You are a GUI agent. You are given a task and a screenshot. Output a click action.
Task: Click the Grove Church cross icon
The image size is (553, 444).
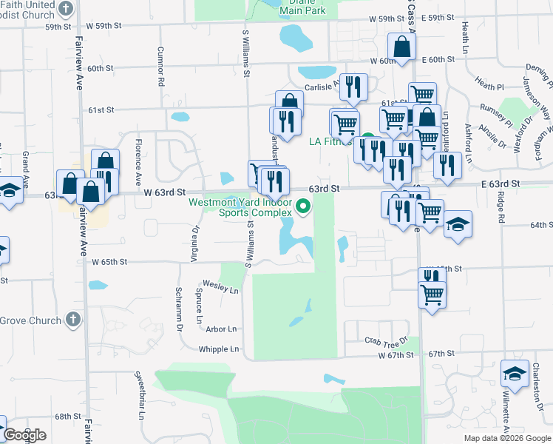(x=72, y=319)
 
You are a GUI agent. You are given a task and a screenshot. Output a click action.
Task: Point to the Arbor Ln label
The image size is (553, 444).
(x=222, y=329)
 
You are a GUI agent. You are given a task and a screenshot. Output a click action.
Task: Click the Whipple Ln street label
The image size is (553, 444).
(x=220, y=349)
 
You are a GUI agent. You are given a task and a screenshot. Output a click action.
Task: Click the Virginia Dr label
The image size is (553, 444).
(x=195, y=245)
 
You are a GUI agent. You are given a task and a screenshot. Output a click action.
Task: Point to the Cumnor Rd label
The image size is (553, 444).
(x=160, y=67)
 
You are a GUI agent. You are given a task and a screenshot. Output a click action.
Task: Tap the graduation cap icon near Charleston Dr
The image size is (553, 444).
(x=515, y=374)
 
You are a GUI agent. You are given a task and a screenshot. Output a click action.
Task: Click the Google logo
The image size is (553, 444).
(x=24, y=435)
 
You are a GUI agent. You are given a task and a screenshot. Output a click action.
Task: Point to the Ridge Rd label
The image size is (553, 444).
(x=501, y=210)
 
